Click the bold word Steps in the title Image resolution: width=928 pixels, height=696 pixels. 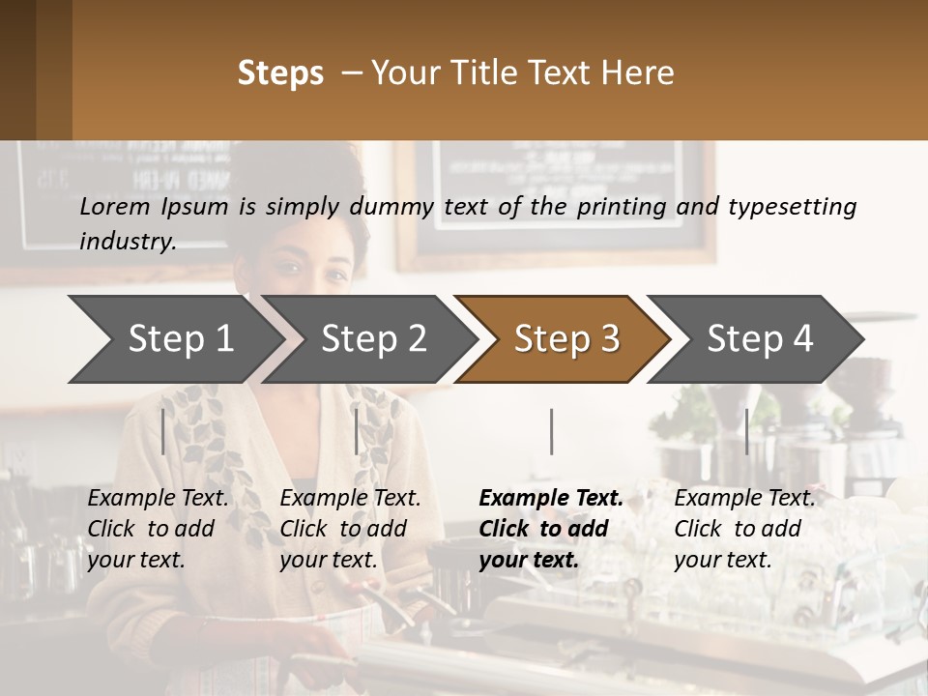pos(280,73)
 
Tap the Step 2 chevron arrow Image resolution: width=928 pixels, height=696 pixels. pos(373,338)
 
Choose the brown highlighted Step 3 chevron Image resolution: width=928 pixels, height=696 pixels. pos(566,338)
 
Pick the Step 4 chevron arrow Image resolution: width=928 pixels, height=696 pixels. pos(760,338)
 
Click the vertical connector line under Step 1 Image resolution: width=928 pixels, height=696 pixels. pos(163,431)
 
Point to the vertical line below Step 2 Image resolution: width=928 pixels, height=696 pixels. pos(357,431)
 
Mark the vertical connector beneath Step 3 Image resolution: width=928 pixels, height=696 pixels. pos(551,431)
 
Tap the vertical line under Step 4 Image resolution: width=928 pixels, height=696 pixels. pos(746,431)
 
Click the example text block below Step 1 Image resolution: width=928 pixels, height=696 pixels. pos(158,529)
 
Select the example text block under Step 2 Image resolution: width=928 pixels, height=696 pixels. pos(350,529)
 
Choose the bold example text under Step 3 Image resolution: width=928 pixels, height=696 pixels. pos(551,529)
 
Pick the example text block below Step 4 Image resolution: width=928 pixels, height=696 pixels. pos(744,529)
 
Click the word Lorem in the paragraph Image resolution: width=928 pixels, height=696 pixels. pos(115,206)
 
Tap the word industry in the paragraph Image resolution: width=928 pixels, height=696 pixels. pos(128,242)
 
